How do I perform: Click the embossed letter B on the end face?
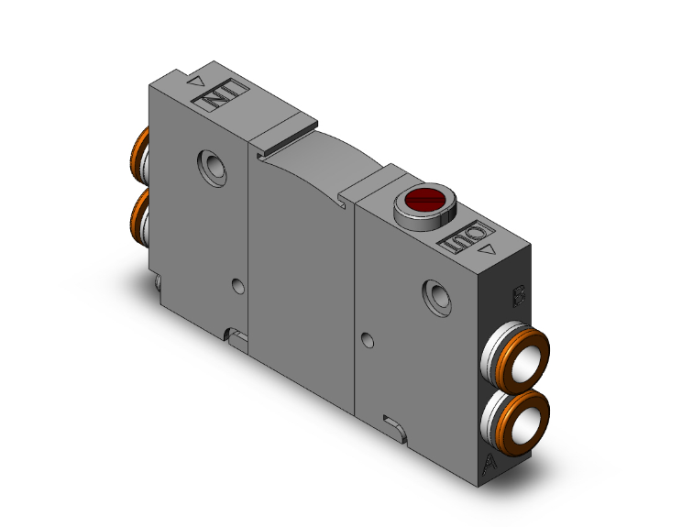coord(519,295)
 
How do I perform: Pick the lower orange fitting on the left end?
coord(139,214)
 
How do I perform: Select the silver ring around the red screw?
coord(420,211)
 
